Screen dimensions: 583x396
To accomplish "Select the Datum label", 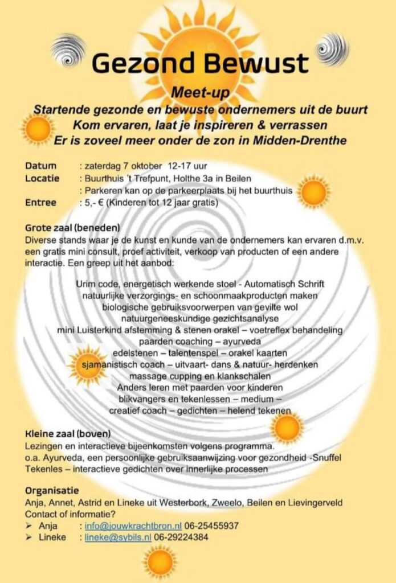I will (x=40, y=166).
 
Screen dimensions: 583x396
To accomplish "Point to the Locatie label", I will (x=42, y=178).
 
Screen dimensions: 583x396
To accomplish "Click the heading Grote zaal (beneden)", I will (x=72, y=228).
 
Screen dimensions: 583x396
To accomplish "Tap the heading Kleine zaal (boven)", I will (x=68, y=433).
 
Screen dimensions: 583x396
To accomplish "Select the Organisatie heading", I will (x=52, y=491).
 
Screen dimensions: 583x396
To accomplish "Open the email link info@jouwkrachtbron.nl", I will (x=133, y=525).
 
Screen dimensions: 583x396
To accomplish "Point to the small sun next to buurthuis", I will (x=313, y=192).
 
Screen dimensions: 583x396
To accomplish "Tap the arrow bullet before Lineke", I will (x=29, y=537).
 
